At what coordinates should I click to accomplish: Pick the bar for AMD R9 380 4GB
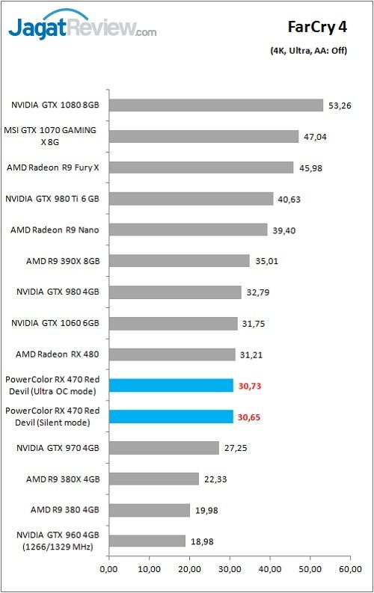[149, 510]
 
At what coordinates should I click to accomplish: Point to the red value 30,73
[250, 386]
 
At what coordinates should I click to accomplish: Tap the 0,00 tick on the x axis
[108, 570]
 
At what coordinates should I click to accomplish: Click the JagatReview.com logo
[82, 28]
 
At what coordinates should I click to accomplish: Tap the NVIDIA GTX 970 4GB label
[56, 448]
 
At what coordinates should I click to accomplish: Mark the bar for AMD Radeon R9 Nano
[188, 230]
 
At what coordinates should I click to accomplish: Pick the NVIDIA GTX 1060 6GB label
[56, 323]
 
